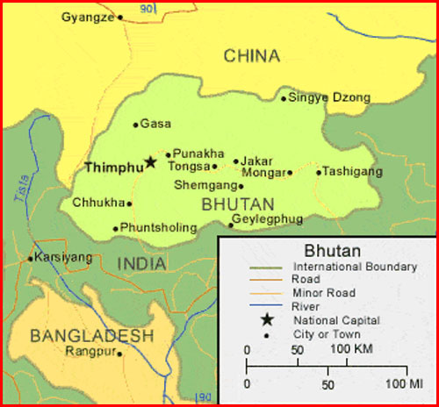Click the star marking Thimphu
click(x=150, y=162)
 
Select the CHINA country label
click(x=252, y=56)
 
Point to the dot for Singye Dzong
click(x=283, y=98)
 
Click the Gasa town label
click(x=156, y=125)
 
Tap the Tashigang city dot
click(x=319, y=172)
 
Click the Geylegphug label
click(x=266, y=218)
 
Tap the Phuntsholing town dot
click(x=115, y=229)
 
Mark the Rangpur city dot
click(x=120, y=353)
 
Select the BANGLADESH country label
click(x=91, y=336)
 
